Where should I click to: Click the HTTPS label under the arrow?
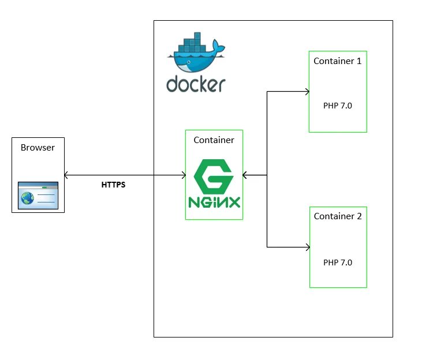click(113, 185)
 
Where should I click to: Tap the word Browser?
click(38, 148)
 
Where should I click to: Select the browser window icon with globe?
click(38, 196)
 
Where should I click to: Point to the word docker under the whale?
click(196, 84)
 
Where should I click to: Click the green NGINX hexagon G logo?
click(214, 176)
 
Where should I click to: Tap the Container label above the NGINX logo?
click(214, 140)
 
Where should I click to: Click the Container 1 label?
click(338, 61)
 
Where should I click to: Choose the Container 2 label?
click(338, 216)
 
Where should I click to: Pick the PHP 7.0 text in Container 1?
click(338, 106)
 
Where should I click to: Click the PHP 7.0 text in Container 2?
click(338, 262)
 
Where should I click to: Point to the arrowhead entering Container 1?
click(307, 91)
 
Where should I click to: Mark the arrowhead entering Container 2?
click(307, 247)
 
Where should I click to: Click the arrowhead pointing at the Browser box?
click(67, 174)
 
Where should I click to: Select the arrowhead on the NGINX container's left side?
click(182, 174)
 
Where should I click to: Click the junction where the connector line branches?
click(267, 174)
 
